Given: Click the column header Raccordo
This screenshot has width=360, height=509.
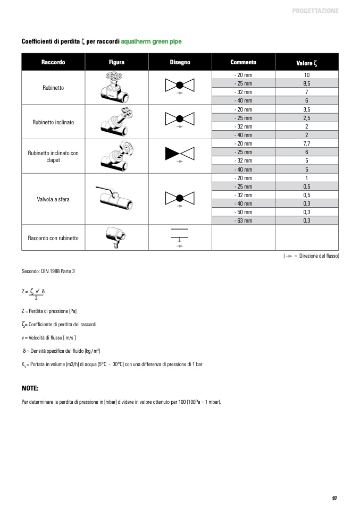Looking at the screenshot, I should [x=53, y=62].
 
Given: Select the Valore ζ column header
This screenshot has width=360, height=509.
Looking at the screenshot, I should [x=306, y=63].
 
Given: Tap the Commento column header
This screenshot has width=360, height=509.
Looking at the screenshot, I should [x=243, y=62].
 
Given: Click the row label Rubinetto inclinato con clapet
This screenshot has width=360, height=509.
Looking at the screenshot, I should [x=53, y=156].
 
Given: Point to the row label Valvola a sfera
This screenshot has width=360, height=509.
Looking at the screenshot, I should [x=53, y=199].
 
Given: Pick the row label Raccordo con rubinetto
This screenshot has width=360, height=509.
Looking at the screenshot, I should [x=53, y=238].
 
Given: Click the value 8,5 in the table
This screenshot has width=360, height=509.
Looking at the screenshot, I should [x=306, y=84].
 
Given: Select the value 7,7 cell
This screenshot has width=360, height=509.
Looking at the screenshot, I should [x=306, y=143].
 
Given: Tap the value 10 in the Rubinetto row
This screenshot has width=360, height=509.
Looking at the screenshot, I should [x=306, y=75].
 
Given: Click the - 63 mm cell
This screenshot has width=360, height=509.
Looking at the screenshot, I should [x=243, y=220].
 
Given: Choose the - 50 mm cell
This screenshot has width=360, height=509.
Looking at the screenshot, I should [x=243, y=212].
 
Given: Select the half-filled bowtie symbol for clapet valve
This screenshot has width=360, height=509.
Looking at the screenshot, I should [x=180, y=154].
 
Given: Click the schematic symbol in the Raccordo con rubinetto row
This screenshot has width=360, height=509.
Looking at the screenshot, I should [x=180, y=236].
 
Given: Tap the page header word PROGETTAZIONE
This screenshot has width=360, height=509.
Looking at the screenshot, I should [x=315, y=11].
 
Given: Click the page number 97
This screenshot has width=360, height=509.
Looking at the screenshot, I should [x=334, y=498].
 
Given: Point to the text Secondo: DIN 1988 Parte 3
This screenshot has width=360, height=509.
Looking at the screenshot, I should [x=48, y=271].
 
